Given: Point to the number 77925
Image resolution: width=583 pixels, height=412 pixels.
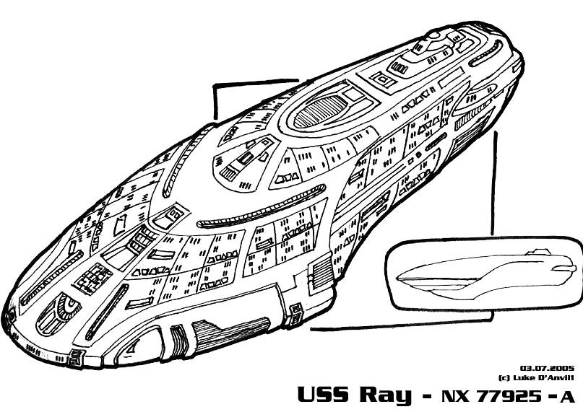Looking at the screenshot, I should pyautogui.click(x=503, y=395).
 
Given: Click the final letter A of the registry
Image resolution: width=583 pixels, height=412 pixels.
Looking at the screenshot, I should pyautogui.click(x=568, y=395).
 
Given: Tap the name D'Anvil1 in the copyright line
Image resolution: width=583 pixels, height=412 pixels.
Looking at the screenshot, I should pyautogui.click(x=557, y=377).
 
